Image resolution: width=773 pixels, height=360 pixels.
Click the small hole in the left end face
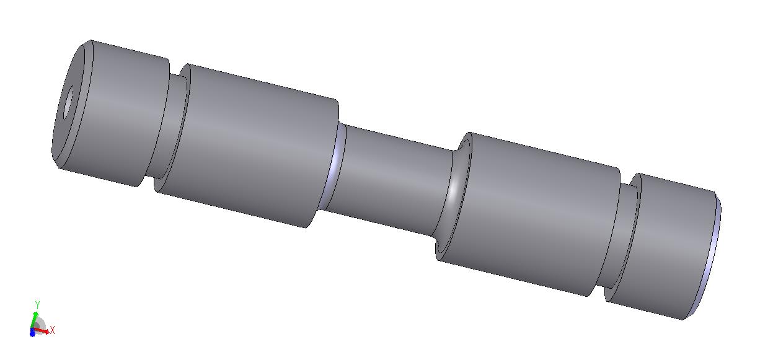[x=68, y=103]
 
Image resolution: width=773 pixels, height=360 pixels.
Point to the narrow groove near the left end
[x=169, y=128]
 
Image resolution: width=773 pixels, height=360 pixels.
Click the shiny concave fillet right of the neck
[x=453, y=193]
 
